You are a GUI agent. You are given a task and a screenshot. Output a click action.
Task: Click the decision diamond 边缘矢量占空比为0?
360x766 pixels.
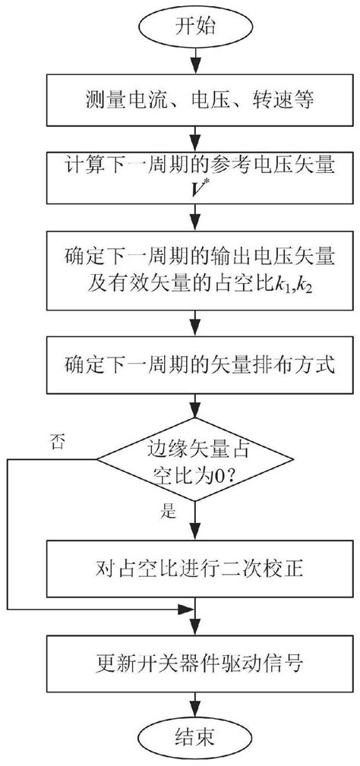(196, 459)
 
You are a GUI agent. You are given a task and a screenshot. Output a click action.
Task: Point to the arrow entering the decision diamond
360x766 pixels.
(196, 410)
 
